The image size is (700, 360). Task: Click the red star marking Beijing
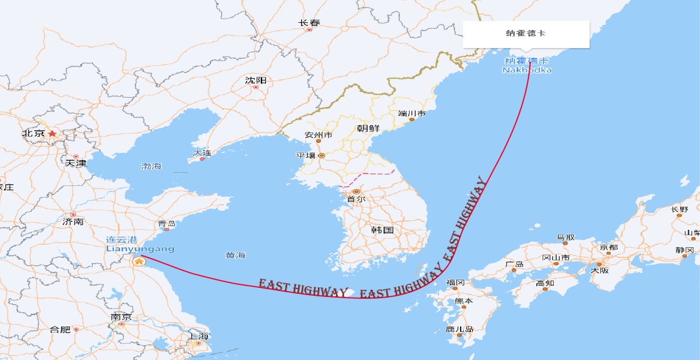coord(52,133)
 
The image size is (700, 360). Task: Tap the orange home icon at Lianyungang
coord(139,261)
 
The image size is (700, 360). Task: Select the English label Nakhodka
coord(527,70)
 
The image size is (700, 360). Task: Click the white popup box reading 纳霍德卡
coord(526,34)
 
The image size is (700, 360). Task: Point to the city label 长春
coord(309,23)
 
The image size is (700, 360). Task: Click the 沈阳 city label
coord(256,80)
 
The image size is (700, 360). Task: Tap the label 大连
coord(202,153)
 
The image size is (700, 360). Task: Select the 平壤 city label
coord(305,155)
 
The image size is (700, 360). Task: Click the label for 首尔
coord(356,199)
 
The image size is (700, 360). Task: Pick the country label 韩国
coord(382,230)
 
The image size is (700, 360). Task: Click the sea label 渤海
coord(151,166)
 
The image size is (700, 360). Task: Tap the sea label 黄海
coord(235,255)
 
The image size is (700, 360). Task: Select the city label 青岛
coord(167,224)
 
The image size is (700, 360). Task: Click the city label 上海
coord(198,336)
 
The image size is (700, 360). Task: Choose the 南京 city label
coord(121,317)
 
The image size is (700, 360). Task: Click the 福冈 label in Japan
coord(455,283)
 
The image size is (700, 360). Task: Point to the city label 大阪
coord(599,271)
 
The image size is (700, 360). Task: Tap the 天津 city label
coord(76,163)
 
